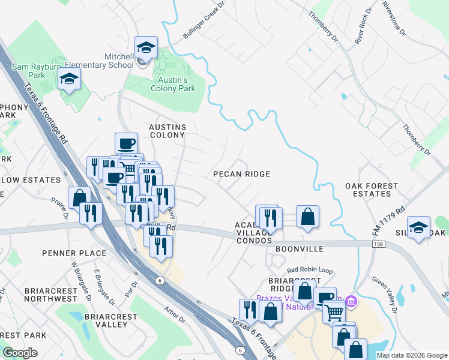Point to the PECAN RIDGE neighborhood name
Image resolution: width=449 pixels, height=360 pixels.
pos(242,174)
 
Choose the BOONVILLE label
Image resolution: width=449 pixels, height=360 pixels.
pos(300,248)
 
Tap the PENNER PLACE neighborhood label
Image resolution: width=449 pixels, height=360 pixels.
pos(74,253)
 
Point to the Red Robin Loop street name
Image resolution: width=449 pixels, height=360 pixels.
pos(309,271)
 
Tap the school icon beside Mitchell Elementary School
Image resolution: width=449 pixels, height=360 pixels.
pos(145,47)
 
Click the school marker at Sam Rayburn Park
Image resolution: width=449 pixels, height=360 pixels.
pos(69,79)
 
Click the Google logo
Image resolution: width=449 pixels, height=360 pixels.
pos(20,353)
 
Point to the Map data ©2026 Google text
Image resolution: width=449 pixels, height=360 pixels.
pos(411,355)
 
